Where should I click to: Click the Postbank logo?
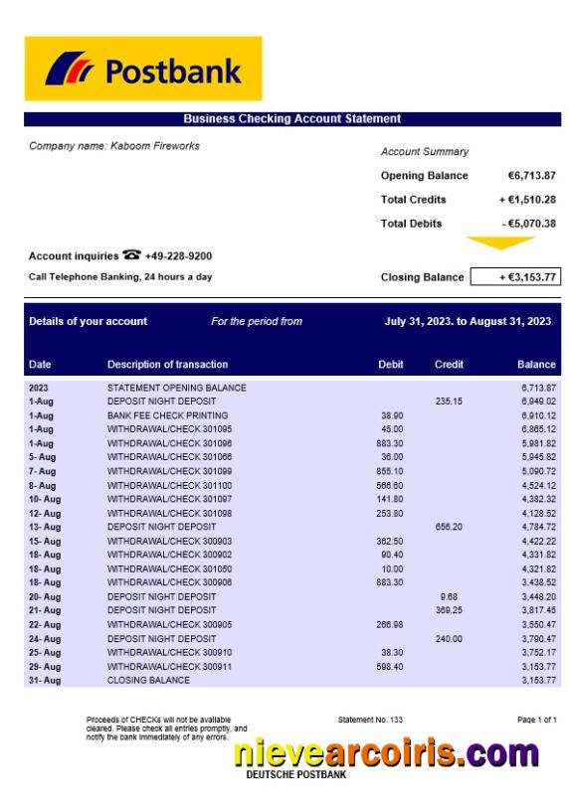(x=143, y=70)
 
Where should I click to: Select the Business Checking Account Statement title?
(x=291, y=119)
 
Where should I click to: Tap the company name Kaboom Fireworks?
(x=114, y=146)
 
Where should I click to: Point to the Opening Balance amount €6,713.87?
(x=531, y=176)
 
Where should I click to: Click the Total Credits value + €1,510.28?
(x=527, y=200)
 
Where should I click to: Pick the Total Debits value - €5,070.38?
(x=528, y=224)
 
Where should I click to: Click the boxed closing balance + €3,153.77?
(x=513, y=277)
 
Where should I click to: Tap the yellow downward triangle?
(x=500, y=242)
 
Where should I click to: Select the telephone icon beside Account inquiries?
(x=131, y=255)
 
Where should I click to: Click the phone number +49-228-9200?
(x=178, y=256)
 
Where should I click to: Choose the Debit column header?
(x=391, y=365)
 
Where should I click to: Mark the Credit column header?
(x=449, y=365)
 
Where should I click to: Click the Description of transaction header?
(x=167, y=365)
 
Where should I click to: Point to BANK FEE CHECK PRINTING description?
(x=167, y=415)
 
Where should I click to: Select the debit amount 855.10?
(x=390, y=471)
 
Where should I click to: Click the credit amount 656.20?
(x=449, y=527)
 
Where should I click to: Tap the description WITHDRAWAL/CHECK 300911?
(x=169, y=666)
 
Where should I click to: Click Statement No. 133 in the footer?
(x=370, y=720)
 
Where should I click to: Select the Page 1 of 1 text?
(x=537, y=720)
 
